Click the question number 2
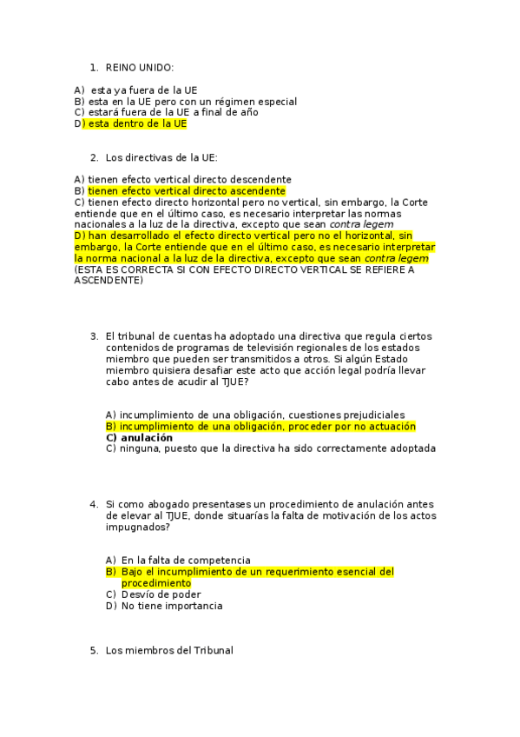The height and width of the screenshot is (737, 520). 94,157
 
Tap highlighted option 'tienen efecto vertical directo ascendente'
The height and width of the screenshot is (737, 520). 187,190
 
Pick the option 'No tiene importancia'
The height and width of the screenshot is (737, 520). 171,606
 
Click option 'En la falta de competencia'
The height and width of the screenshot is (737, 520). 185,561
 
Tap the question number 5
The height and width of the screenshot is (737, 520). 94,650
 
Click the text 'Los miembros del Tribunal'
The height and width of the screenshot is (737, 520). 169,650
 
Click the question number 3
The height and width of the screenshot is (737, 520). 94,336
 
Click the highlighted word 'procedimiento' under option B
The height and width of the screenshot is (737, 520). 156,583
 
